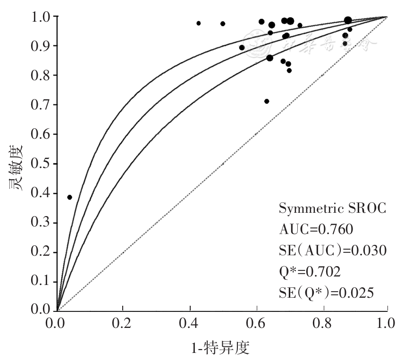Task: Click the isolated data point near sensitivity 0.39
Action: click(x=69, y=197)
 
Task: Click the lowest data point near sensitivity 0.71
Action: click(x=267, y=101)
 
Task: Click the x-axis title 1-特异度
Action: click(x=220, y=348)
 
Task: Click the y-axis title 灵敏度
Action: click(x=15, y=164)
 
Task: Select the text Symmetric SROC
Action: click(x=333, y=208)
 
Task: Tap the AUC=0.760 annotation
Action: click(x=316, y=230)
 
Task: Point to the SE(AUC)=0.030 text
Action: click(x=333, y=251)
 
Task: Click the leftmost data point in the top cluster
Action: click(x=199, y=23)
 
